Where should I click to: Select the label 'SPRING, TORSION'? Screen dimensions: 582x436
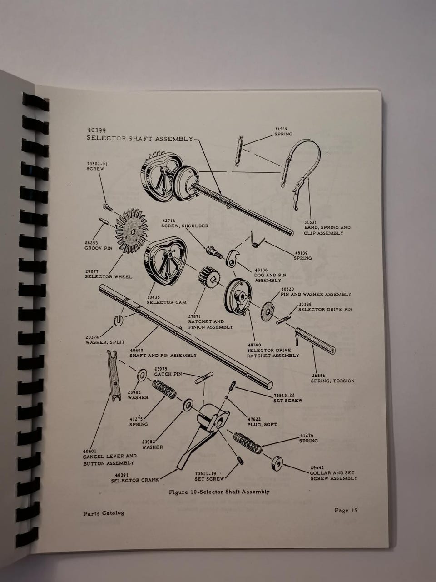point(333,381)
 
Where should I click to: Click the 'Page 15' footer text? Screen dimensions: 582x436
point(346,510)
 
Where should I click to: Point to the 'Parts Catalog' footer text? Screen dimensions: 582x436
point(104,513)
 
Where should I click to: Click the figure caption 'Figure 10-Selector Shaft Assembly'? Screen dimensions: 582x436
point(219,492)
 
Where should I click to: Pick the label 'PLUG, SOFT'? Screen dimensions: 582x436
point(263,425)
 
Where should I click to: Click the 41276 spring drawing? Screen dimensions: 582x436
point(248,442)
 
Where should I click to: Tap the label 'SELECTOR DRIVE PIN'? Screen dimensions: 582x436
point(325,310)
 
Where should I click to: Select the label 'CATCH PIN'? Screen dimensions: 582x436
point(168,374)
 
